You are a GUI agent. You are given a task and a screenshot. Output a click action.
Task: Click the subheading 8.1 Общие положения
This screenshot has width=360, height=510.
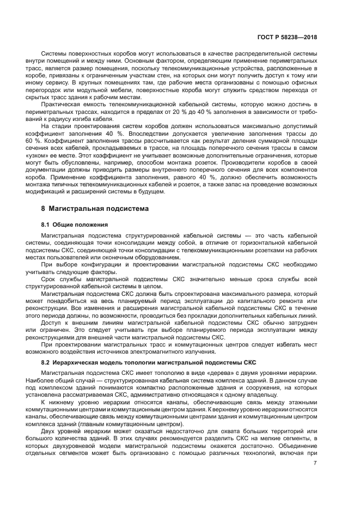[74, 224]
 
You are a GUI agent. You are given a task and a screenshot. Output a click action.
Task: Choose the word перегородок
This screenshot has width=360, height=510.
[59, 90]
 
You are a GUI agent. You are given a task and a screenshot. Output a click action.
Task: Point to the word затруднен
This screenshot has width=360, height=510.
[297, 323]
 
